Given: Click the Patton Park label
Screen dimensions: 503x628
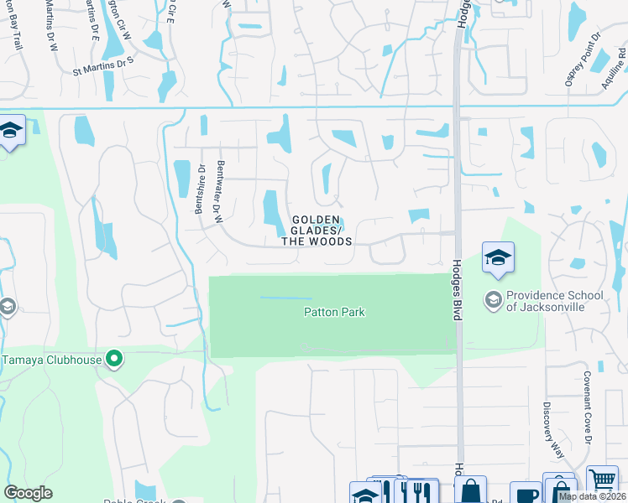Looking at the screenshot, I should (x=334, y=313).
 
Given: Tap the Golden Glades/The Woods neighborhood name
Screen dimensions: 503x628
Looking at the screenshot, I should (x=316, y=231).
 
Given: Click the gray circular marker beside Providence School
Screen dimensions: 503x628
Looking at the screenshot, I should (x=493, y=298).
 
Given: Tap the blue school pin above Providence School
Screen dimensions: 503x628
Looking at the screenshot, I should (x=498, y=258).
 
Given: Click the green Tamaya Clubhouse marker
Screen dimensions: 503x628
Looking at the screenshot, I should (x=114, y=360).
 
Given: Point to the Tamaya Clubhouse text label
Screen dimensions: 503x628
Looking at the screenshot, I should (x=51, y=360).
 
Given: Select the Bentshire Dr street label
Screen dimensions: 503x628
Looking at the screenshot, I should (x=201, y=189).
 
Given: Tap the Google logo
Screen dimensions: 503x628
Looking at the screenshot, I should (x=28, y=493).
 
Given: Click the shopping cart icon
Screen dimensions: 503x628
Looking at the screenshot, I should (x=602, y=480).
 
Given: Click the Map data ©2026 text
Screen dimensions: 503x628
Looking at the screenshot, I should (x=590, y=496).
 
